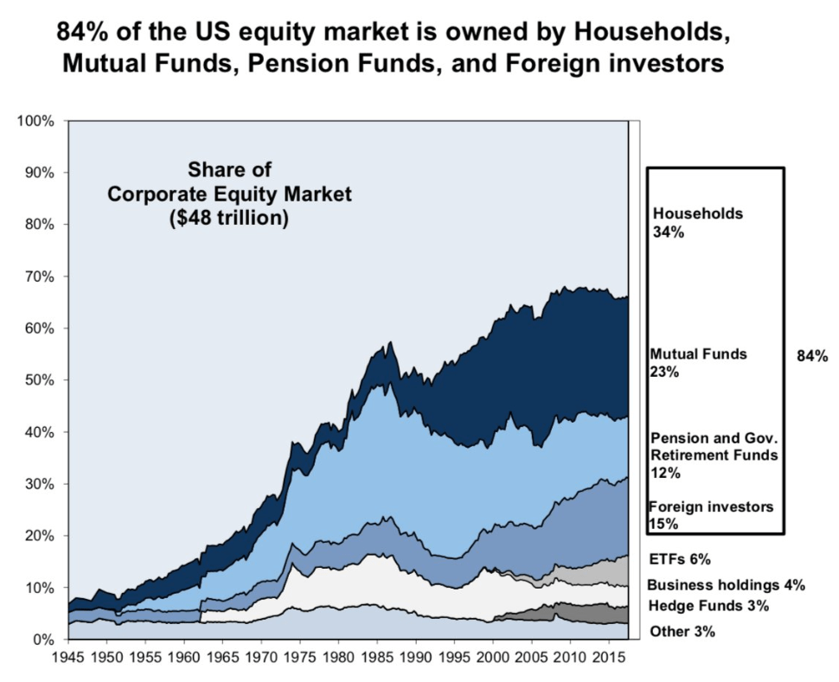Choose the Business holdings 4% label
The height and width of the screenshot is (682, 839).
click(725, 585)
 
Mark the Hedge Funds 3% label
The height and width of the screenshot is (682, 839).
click(708, 606)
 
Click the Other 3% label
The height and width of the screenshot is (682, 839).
click(681, 632)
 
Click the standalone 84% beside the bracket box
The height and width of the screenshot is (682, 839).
click(812, 355)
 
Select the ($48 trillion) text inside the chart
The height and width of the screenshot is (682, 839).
click(228, 219)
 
